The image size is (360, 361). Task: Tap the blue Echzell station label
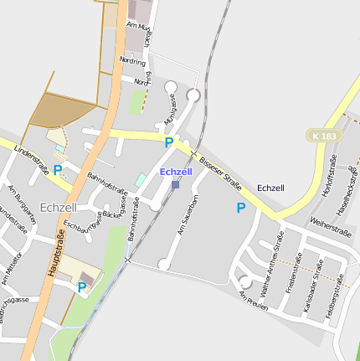[x=176, y=172]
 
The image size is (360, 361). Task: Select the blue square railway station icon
[x=175, y=184]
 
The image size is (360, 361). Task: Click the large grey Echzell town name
[x=59, y=207]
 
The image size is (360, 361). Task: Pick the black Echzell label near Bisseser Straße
[x=271, y=188]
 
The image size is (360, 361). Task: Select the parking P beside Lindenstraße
[x=58, y=169]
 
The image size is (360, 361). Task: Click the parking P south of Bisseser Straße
[x=241, y=208]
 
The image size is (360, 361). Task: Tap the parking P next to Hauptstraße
[x=82, y=287]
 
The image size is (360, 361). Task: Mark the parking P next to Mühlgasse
[x=168, y=142]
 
